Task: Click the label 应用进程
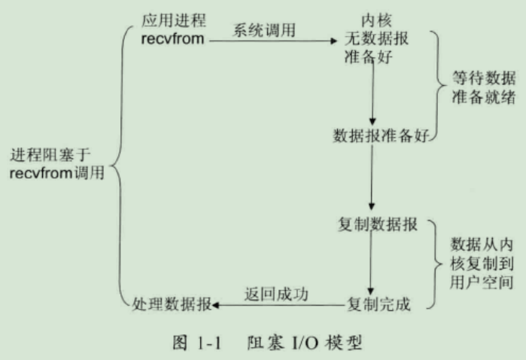click(x=173, y=20)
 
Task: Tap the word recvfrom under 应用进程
click(x=172, y=39)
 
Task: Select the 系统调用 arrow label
click(x=264, y=30)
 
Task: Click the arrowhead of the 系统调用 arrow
click(x=333, y=41)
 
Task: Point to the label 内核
click(x=376, y=20)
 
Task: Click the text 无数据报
click(x=376, y=38)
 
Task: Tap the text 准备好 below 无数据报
click(x=368, y=56)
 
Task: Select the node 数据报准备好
click(x=381, y=136)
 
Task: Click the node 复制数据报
click(x=378, y=224)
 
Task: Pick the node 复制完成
click(x=379, y=304)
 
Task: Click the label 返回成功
click(x=276, y=294)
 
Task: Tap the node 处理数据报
click(x=172, y=304)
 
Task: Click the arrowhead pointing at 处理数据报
click(x=216, y=305)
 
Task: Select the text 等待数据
click(x=483, y=78)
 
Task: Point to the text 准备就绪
click(x=483, y=97)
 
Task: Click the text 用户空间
click(x=482, y=282)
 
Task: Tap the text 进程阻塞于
click(x=50, y=155)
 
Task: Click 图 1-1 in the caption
click(x=197, y=343)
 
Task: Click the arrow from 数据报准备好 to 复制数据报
click(x=371, y=177)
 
